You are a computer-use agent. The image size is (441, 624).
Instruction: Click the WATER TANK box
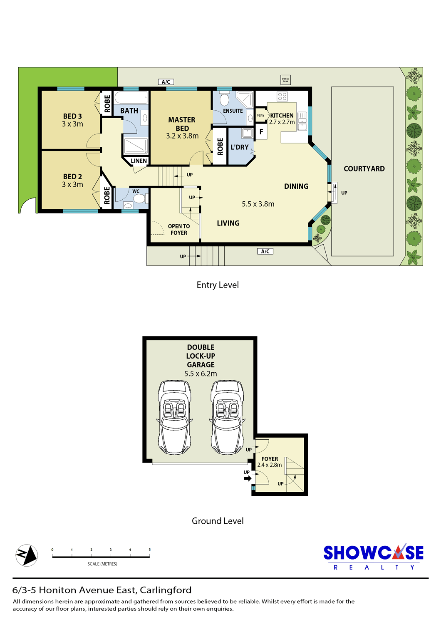(x=285, y=80)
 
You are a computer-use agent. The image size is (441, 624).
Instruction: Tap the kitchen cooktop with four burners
(x=282, y=97)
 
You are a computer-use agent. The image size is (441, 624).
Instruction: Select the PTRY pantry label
(x=260, y=116)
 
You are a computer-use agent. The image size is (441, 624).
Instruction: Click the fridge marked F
(x=261, y=132)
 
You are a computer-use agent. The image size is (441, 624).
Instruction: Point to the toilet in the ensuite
(x=224, y=99)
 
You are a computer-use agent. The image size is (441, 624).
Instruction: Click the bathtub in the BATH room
(x=131, y=97)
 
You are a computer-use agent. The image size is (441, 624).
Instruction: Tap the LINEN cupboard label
(x=139, y=161)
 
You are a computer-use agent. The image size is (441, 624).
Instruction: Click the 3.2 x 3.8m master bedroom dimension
(x=182, y=136)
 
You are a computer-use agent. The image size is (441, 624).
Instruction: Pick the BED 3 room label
(x=72, y=116)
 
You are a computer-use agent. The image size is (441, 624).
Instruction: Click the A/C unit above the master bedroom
(x=166, y=82)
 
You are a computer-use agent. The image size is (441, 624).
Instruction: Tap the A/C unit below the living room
(x=265, y=251)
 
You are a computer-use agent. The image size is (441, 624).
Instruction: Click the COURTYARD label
(x=364, y=168)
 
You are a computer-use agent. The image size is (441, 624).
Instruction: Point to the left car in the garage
(x=175, y=417)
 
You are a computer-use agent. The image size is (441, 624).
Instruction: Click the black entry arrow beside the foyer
(x=248, y=478)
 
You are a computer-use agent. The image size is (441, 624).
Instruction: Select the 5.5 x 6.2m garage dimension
(x=201, y=374)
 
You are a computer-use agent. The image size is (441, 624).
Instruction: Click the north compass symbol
(x=27, y=555)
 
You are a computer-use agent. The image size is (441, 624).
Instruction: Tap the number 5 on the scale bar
(x=150, y=550)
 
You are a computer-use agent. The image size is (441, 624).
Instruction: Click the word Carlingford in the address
(x=166, y=590)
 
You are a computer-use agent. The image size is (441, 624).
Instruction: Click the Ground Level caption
(x=218, y=521)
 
